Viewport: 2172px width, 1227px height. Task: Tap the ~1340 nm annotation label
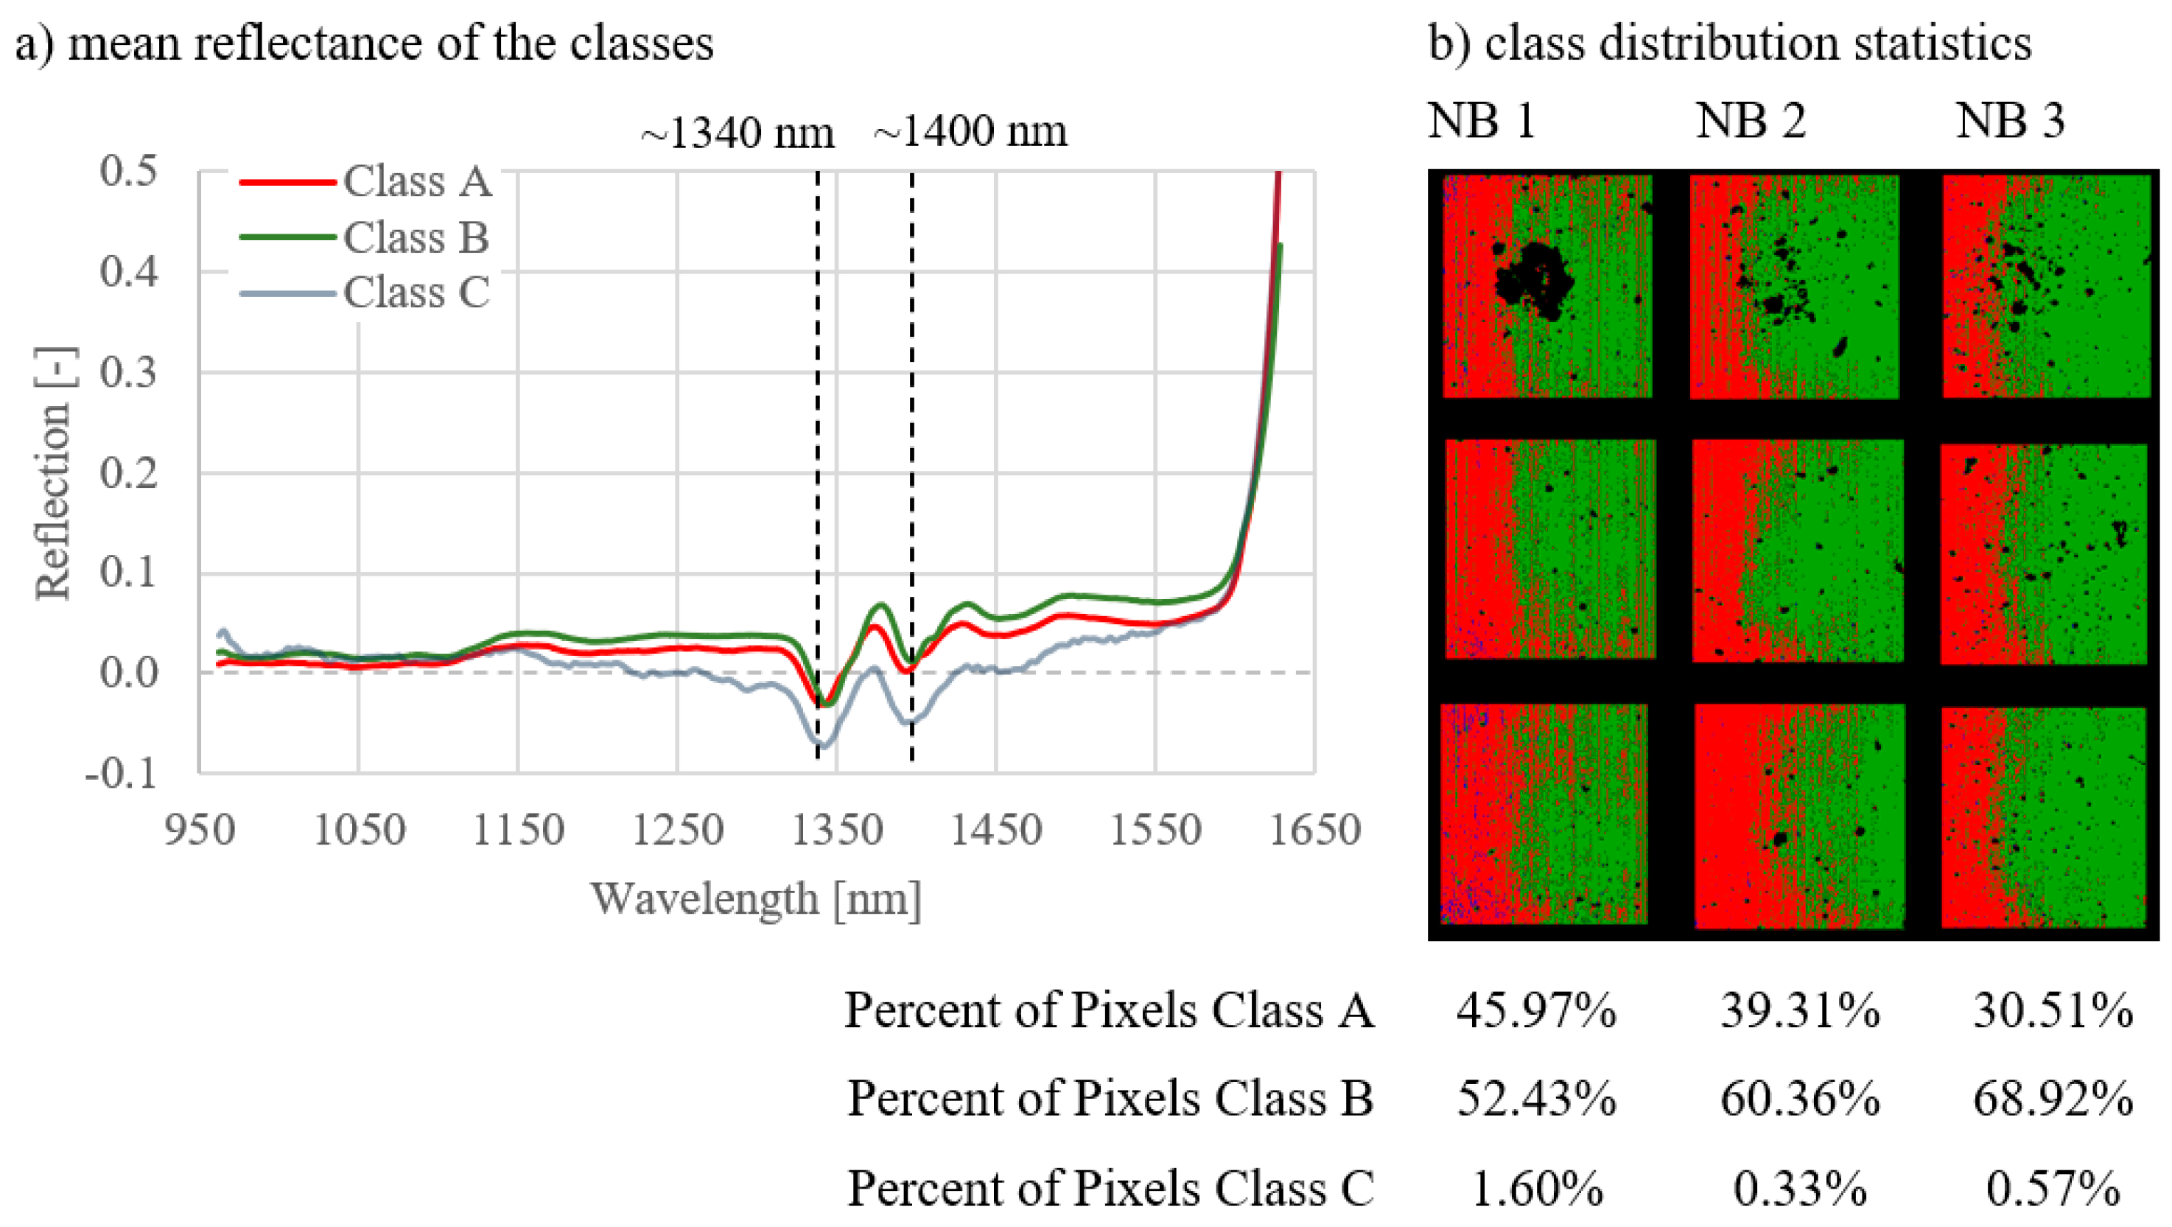[737, 133]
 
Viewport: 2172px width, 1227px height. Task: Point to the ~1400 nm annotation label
[970, 133]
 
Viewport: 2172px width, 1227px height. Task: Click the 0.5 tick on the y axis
[129, 171]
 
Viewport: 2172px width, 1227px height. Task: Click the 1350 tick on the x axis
[836, 831]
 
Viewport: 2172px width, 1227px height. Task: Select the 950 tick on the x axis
[200, 831]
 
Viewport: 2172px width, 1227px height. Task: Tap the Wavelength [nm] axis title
[755, 898]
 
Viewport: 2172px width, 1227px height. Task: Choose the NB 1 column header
[1482, 121]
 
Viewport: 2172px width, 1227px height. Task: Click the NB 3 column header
[2010, 121]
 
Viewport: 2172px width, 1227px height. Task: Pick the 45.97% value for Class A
[1536, 1010]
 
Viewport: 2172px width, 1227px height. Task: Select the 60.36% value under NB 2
[1799, 1099]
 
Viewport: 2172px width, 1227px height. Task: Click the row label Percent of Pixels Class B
[1110, 1099]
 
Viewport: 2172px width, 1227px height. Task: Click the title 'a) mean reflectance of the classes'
[364, 42]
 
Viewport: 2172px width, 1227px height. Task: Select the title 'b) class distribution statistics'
[1729, 42]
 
